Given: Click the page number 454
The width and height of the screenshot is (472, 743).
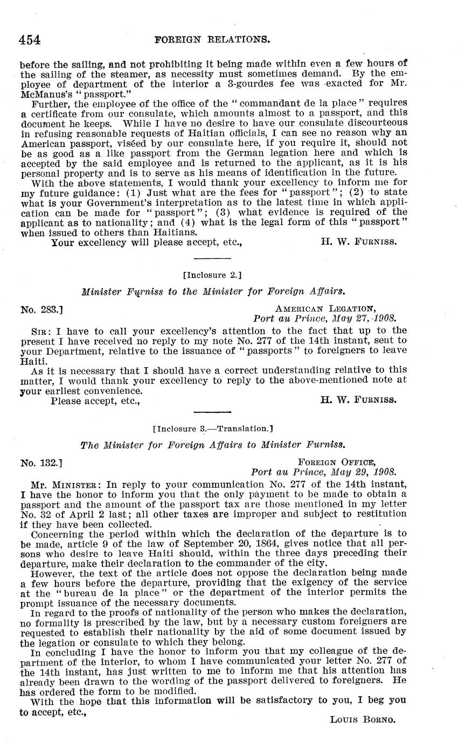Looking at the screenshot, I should pyautogui.click(x=31, y=39).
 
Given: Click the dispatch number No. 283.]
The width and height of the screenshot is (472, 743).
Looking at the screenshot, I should pyautogui.click(x=42, y=310).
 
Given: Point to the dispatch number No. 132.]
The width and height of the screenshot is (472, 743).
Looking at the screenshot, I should pyautogui.click(x=42, y=462).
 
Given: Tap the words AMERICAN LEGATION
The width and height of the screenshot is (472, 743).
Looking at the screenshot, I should pyautogui.click(x=325, y=309).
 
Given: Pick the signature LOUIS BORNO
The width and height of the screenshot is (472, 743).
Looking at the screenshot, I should pyautogui.click(x=363, y=720).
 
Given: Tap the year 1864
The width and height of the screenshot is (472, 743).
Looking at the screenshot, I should pyautogui.click(x=283, y=544).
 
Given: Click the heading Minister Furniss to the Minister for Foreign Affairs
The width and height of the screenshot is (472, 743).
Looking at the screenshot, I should pyautogui.click(x=213, y=292).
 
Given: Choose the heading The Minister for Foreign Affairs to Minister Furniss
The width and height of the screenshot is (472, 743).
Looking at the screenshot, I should pyautogui.click(x=212, y=445).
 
